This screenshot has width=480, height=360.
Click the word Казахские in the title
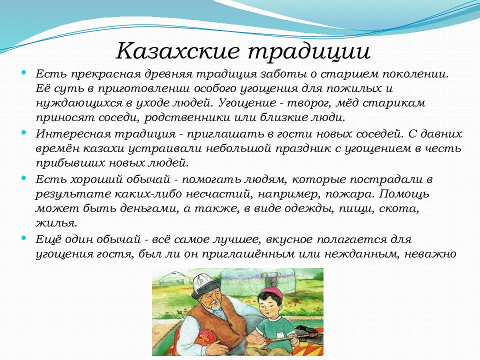[177, 50]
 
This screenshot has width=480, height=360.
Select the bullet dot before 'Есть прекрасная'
[24, 73]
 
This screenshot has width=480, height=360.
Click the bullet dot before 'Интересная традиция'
[24, 132]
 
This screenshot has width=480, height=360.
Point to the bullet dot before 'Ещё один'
[24, 238]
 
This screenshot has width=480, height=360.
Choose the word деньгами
[149, 209]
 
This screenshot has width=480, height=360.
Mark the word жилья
[56, 223]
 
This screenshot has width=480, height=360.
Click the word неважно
[430, 254]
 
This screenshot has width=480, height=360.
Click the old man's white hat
[205, 282]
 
